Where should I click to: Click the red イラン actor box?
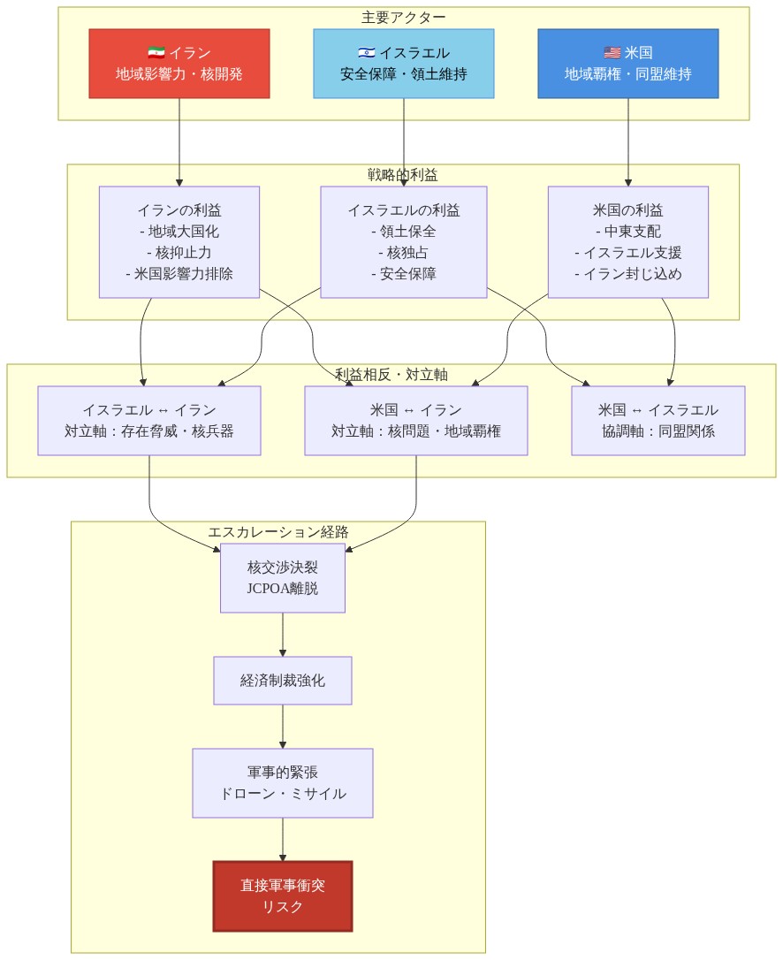coord(179,64)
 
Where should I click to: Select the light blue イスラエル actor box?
coord(404,64)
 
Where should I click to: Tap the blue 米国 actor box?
coord(628,64)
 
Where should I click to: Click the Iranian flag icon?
coord(156,53)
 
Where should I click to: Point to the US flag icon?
coord(612,53)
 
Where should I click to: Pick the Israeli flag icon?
coord(367,53)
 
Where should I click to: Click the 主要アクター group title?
coord(404,17)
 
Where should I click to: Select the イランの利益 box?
coord(179,242)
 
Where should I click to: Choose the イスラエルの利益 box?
coord(404,242)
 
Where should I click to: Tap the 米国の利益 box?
coord(628,242)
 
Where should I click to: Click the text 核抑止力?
coord(179,253)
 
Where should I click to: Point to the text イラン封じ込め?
coord(628,274)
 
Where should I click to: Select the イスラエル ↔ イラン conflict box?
coord(149,421)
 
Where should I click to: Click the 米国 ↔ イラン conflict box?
coord(416,421)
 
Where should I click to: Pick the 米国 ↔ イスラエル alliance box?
coord(658,421)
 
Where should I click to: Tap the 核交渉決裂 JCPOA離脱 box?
coord(283,578)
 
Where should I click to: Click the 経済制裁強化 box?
coord(283,681)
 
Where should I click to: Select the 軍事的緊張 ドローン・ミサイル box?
coord(283,783)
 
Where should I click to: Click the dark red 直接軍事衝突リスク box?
coord(283,896)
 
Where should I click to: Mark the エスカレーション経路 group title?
coord(278,532)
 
